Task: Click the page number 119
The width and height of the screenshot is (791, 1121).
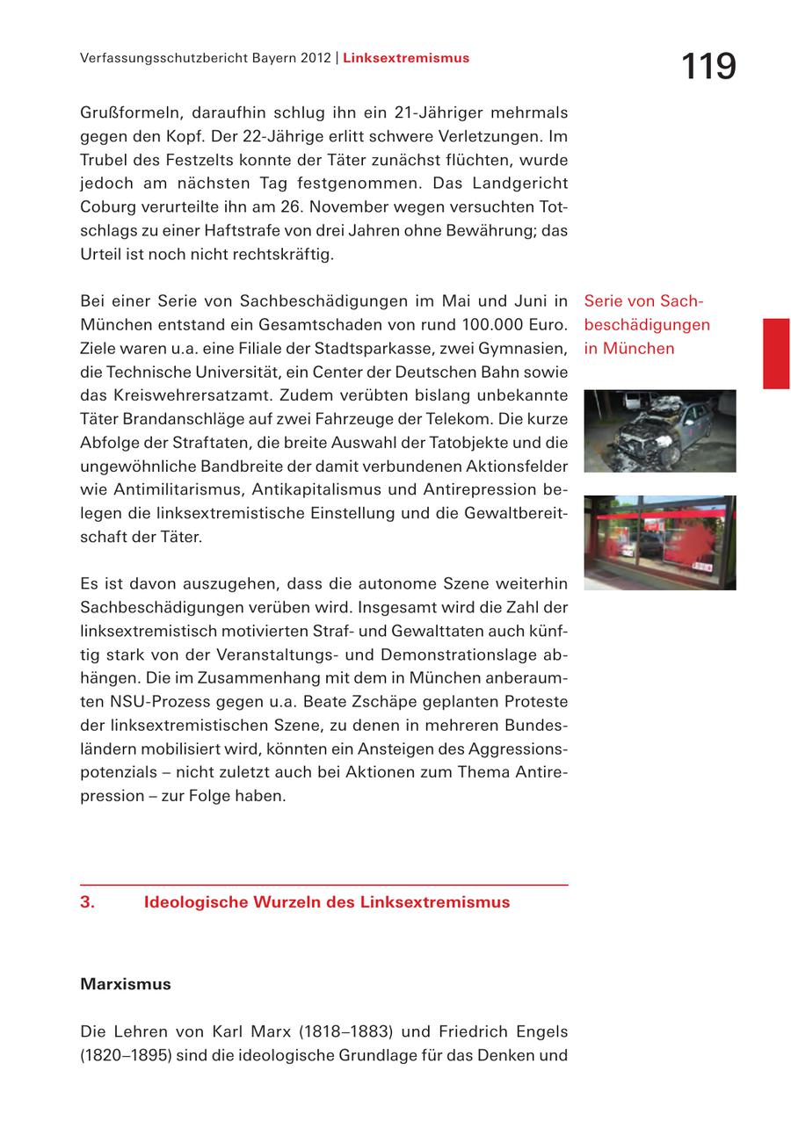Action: pyautogui.click(x=708, y=67)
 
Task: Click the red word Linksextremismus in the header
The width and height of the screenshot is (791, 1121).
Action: pyautogui.click(x=406, y=58)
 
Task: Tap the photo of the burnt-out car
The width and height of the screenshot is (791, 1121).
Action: pyautogui.click(x=660, y=431)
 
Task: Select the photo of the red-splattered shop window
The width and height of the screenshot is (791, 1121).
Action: pyautogui.click(x=660, y=542)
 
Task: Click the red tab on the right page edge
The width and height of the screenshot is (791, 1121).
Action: pyautogui.click(x=776, y=353)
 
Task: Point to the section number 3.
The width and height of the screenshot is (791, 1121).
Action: pyautogui.click(x=88, y=902)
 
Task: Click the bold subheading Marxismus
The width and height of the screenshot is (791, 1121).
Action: pyautogui.click(x=126, y=984)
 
